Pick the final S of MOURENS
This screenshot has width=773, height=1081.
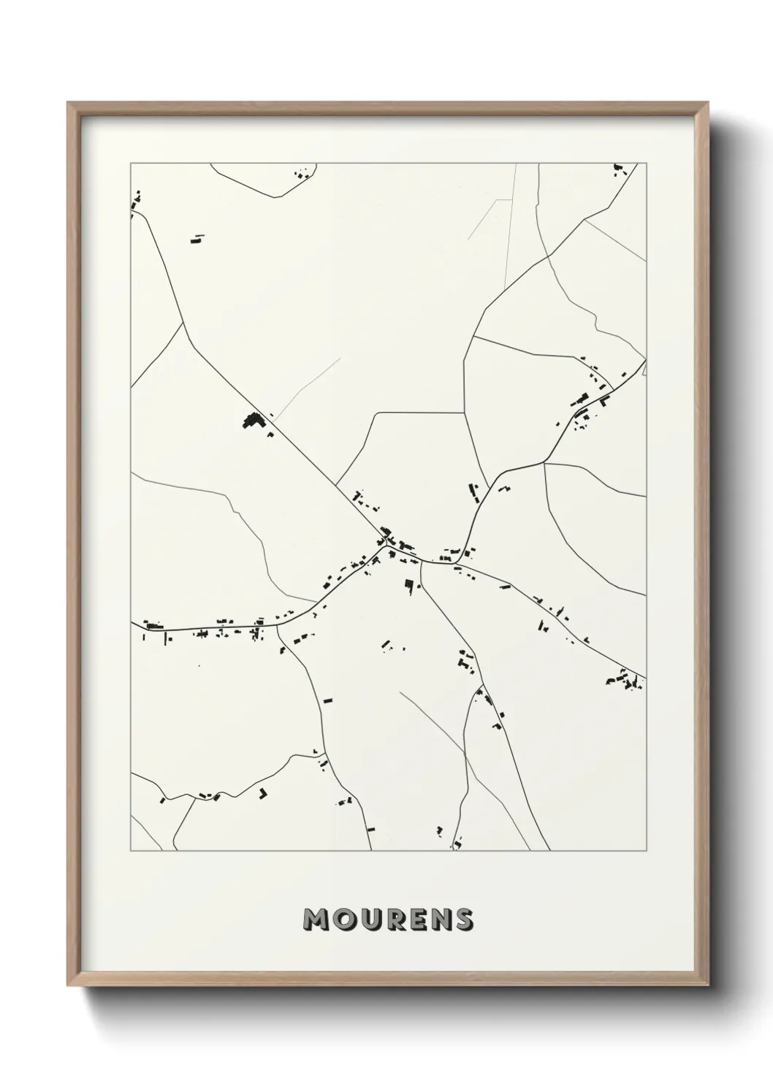click(x=463, y=920)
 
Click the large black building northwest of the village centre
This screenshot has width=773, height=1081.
click(x=252, y=421)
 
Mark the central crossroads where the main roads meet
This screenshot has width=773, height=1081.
click(x=386, y=546)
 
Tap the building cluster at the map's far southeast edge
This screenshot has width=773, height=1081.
click(x=622, y=681)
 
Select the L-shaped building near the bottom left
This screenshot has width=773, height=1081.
click(x=262, y=793)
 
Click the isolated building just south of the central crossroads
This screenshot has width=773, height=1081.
click(x=409, y=584)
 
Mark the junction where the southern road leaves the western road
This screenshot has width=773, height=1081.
click(x=278, y=625)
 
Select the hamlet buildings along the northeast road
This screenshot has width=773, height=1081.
click(x=588, y=398)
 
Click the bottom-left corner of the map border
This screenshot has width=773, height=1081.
click(x=131, y=850)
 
